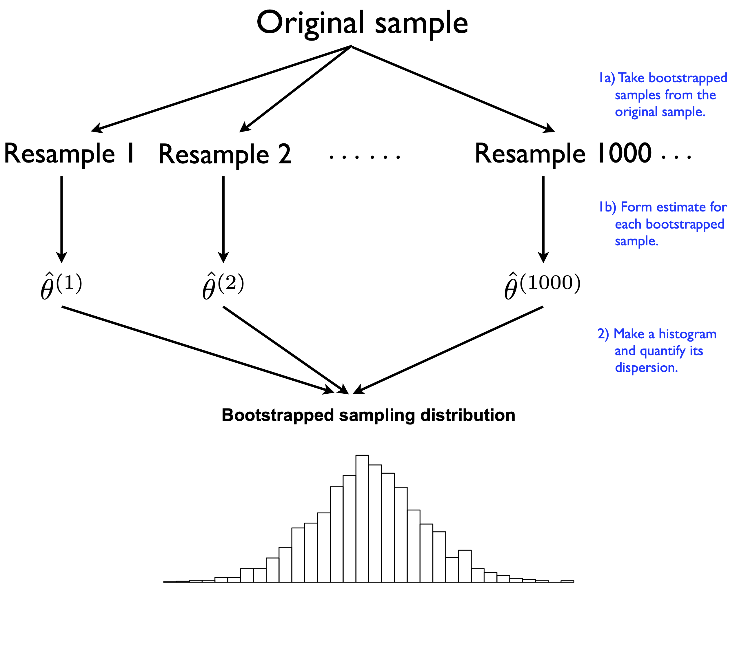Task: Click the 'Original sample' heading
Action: point(362,23)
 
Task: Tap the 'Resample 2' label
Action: point(225,154)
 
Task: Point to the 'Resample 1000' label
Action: point(563,154)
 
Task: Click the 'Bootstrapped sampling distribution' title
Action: point(368,415)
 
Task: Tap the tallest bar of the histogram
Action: point(362,518)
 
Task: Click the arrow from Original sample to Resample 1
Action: point(221,88)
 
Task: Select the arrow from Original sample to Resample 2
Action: point(296,89)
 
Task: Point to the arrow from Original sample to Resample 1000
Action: point(452,88)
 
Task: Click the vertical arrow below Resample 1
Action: point(61,219)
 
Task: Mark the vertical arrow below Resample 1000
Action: point(543,219)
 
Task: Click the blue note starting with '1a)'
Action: point(662,95)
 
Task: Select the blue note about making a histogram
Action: point(657,351)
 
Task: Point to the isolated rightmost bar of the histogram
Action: point(567,581)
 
